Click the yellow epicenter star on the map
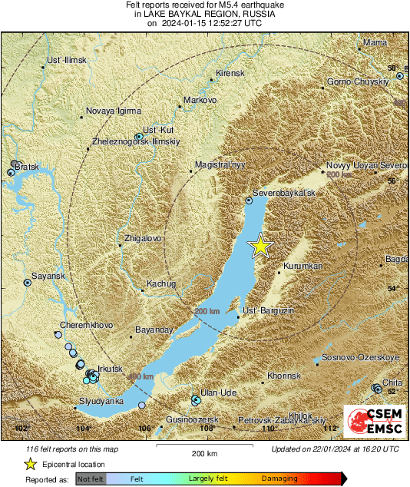click(x=261, y=246)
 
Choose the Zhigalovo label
click(x=143, y=239)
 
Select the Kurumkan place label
click(x=303, y=266)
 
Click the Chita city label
click(x=392, y=382)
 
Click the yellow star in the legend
click(x=30, y=464)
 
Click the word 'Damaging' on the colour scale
click(x=279, y=479)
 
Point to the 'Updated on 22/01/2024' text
click(x=335, y=449)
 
